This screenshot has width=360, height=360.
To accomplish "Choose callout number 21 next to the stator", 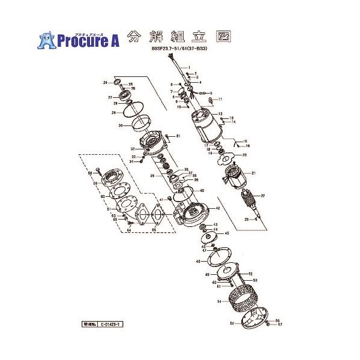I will pos(254,173).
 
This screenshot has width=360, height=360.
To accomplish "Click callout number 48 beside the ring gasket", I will pos(197,262).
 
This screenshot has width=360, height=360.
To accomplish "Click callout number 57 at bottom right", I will pos(280,326).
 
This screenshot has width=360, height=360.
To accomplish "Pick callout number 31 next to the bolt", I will pos(178,137).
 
